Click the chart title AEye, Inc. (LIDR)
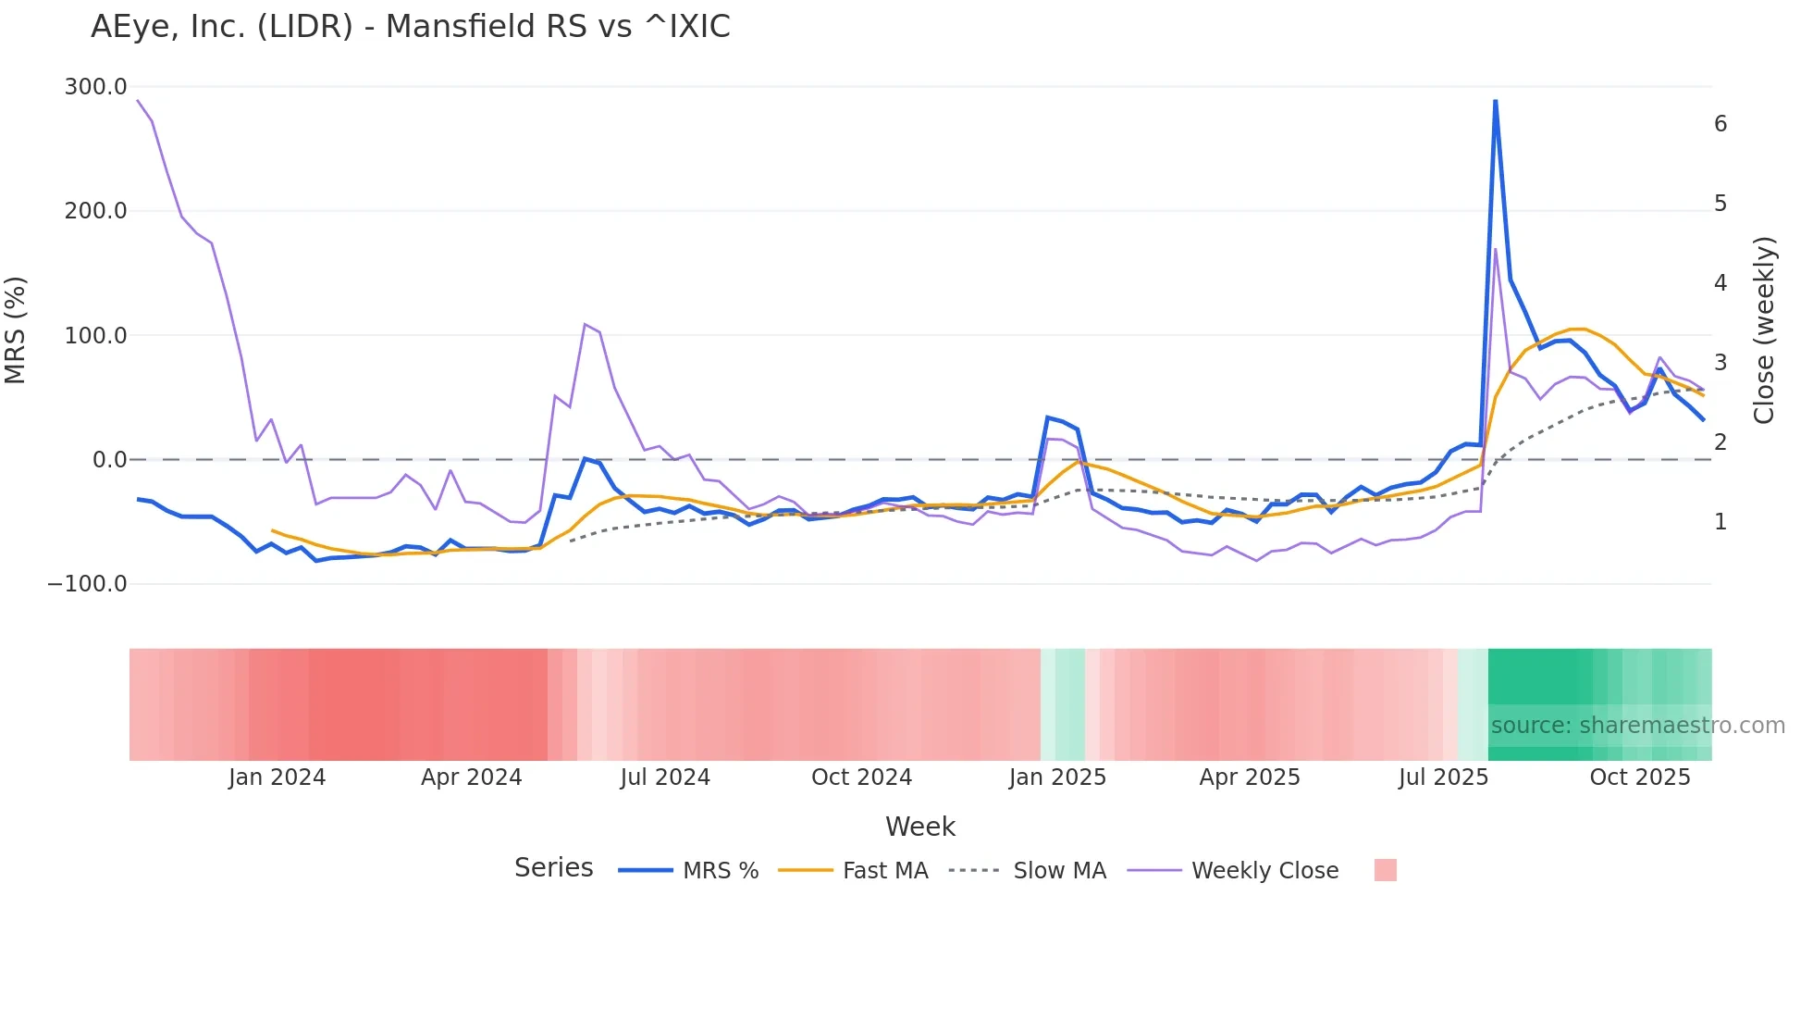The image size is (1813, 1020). (410, 27)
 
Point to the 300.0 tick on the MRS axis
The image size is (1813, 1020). (95, 87)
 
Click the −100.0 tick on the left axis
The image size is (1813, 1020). (87, 584)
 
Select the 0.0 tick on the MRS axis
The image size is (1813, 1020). (109, 460)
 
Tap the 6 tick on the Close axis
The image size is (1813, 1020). (1720, 124)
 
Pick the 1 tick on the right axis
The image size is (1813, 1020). (1720, 522)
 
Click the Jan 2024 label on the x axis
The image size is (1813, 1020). (277, 777)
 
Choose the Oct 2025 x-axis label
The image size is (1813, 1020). (1639, 777)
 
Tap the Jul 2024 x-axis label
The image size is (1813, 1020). (665, 777)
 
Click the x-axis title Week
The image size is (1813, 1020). (919, 827)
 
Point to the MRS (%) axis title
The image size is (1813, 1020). (16, 330)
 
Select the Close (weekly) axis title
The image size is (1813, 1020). (1764, 330)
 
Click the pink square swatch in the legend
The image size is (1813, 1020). (1385, 870)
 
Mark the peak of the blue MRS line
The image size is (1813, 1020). (1496, 101)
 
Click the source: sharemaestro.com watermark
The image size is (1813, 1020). (1637, 726)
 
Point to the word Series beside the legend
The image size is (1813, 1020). (553, 868)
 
